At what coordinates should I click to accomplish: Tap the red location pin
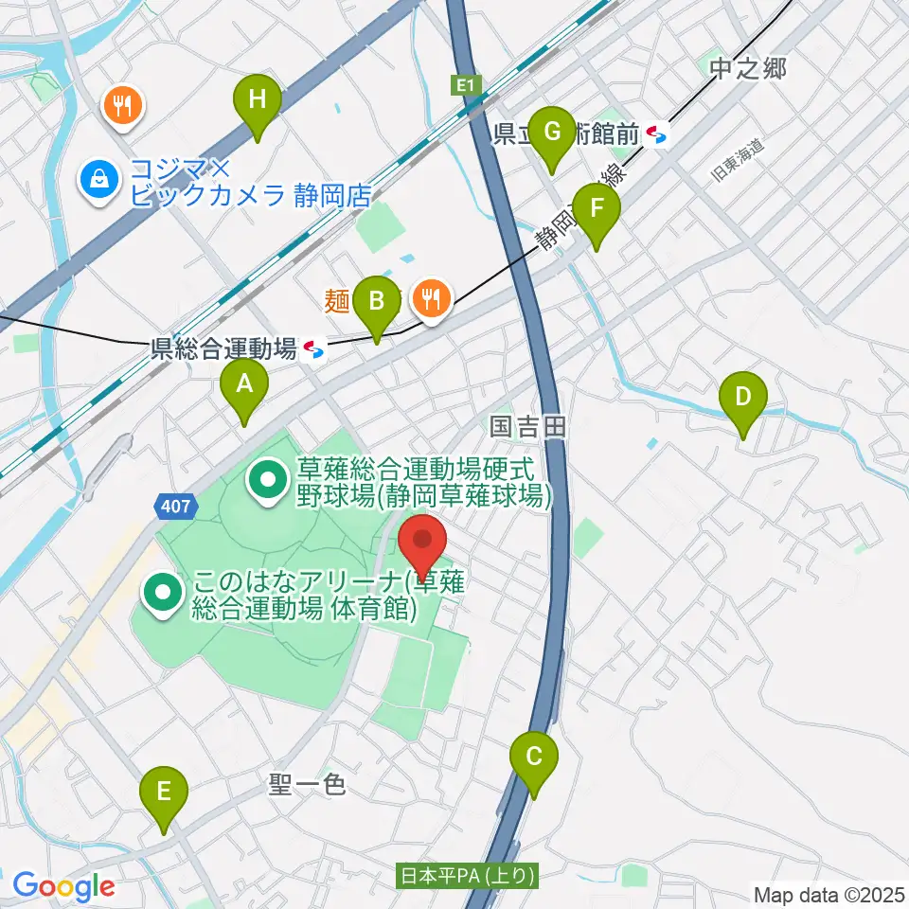422,544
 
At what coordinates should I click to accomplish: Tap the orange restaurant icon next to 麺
433,298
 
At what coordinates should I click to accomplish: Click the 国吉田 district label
528,428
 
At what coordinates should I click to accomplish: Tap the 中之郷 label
748,68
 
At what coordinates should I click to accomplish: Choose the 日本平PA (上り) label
468,876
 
